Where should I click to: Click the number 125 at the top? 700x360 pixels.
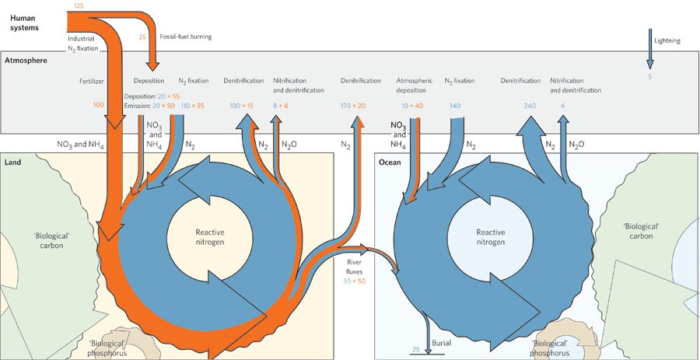tap(79, 5)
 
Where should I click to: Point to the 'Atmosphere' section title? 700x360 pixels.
tap(26, 60)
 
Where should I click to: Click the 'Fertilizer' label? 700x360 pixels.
tap(91, 81)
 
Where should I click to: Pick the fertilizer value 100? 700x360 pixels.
tap(98, 104)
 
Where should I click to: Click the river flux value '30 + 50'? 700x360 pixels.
tap(359, 281)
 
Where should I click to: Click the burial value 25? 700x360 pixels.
tap(416, 350)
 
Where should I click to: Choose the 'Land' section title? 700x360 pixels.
tap(13, 162)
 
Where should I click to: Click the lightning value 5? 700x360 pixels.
tap(649, 75)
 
